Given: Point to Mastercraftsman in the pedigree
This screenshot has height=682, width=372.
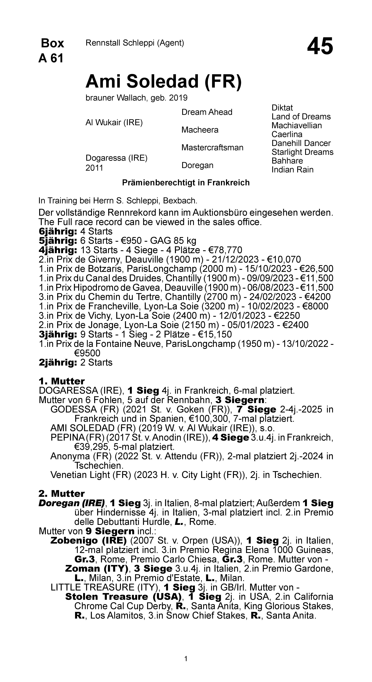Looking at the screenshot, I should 212,147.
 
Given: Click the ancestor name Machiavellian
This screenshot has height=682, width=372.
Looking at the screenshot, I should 297,125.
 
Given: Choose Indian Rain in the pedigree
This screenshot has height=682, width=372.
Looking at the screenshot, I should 292,170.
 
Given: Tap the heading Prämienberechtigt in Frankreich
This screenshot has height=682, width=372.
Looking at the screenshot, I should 186,183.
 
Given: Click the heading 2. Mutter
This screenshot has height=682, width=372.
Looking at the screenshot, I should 61,493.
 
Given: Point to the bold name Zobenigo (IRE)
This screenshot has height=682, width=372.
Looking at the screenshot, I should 88,540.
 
